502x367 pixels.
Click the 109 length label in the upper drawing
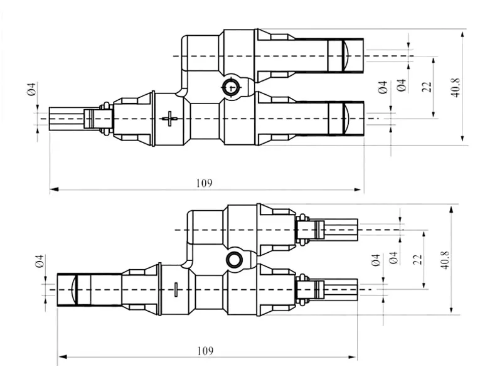[204, 183]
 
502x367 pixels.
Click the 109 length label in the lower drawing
[205, 351]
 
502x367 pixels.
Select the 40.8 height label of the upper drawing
[456, 87]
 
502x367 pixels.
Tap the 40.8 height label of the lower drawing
[446, 260]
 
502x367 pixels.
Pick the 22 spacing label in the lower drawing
[417, 260]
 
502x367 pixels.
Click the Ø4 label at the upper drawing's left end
[31, 89]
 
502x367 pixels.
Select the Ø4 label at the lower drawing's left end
[40, 262]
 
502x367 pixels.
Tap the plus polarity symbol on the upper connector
[169, 119]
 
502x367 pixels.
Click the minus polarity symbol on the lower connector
[176, 290]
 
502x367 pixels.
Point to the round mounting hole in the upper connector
[230, 87]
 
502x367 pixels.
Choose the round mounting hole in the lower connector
[234, 260]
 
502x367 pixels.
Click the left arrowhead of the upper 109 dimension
[55, 189]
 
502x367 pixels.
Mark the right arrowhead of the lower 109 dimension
[353, 357]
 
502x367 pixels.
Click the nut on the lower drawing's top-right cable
[302, 230]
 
